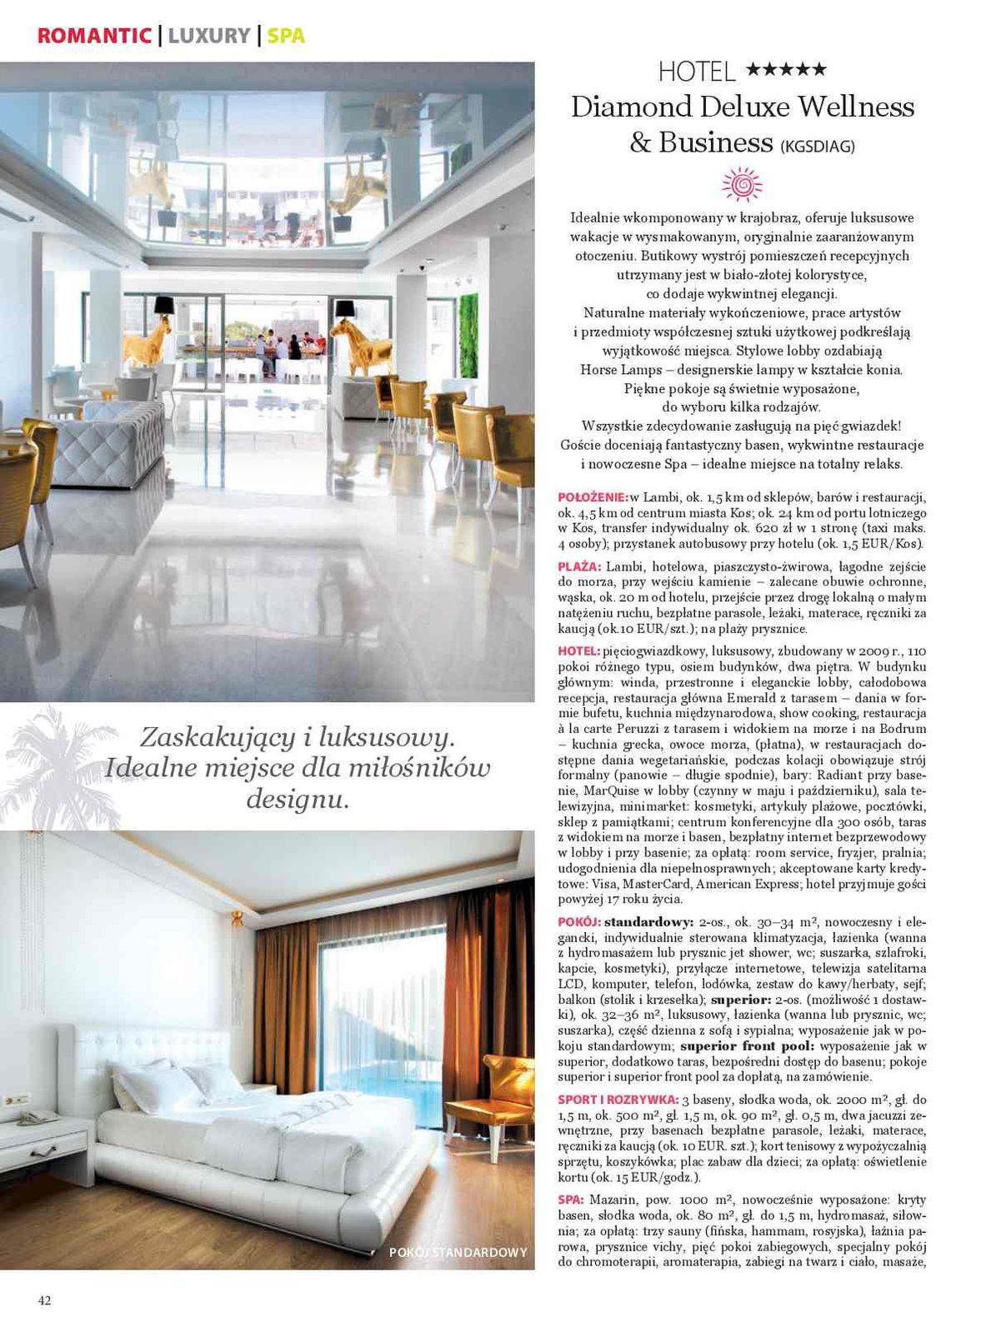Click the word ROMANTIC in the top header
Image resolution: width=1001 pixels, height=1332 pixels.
coord(94,36)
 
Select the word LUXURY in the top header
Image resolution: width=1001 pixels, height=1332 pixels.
coord(209,36)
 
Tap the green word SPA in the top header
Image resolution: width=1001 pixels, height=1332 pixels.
coord(286,36)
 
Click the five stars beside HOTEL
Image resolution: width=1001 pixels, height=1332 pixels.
coord(786,70)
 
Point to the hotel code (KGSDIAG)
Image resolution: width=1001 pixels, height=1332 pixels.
coord(818,147)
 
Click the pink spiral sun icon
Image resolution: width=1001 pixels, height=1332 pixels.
coord(742,185)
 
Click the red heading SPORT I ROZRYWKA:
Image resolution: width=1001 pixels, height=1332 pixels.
coord(618,1100)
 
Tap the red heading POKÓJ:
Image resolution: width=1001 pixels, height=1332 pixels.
coord(578,922)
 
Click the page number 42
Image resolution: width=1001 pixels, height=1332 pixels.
coord(44,1300)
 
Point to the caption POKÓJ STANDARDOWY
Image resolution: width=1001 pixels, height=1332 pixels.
coord(458,1252)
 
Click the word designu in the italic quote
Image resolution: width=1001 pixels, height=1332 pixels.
coord(296,800)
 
